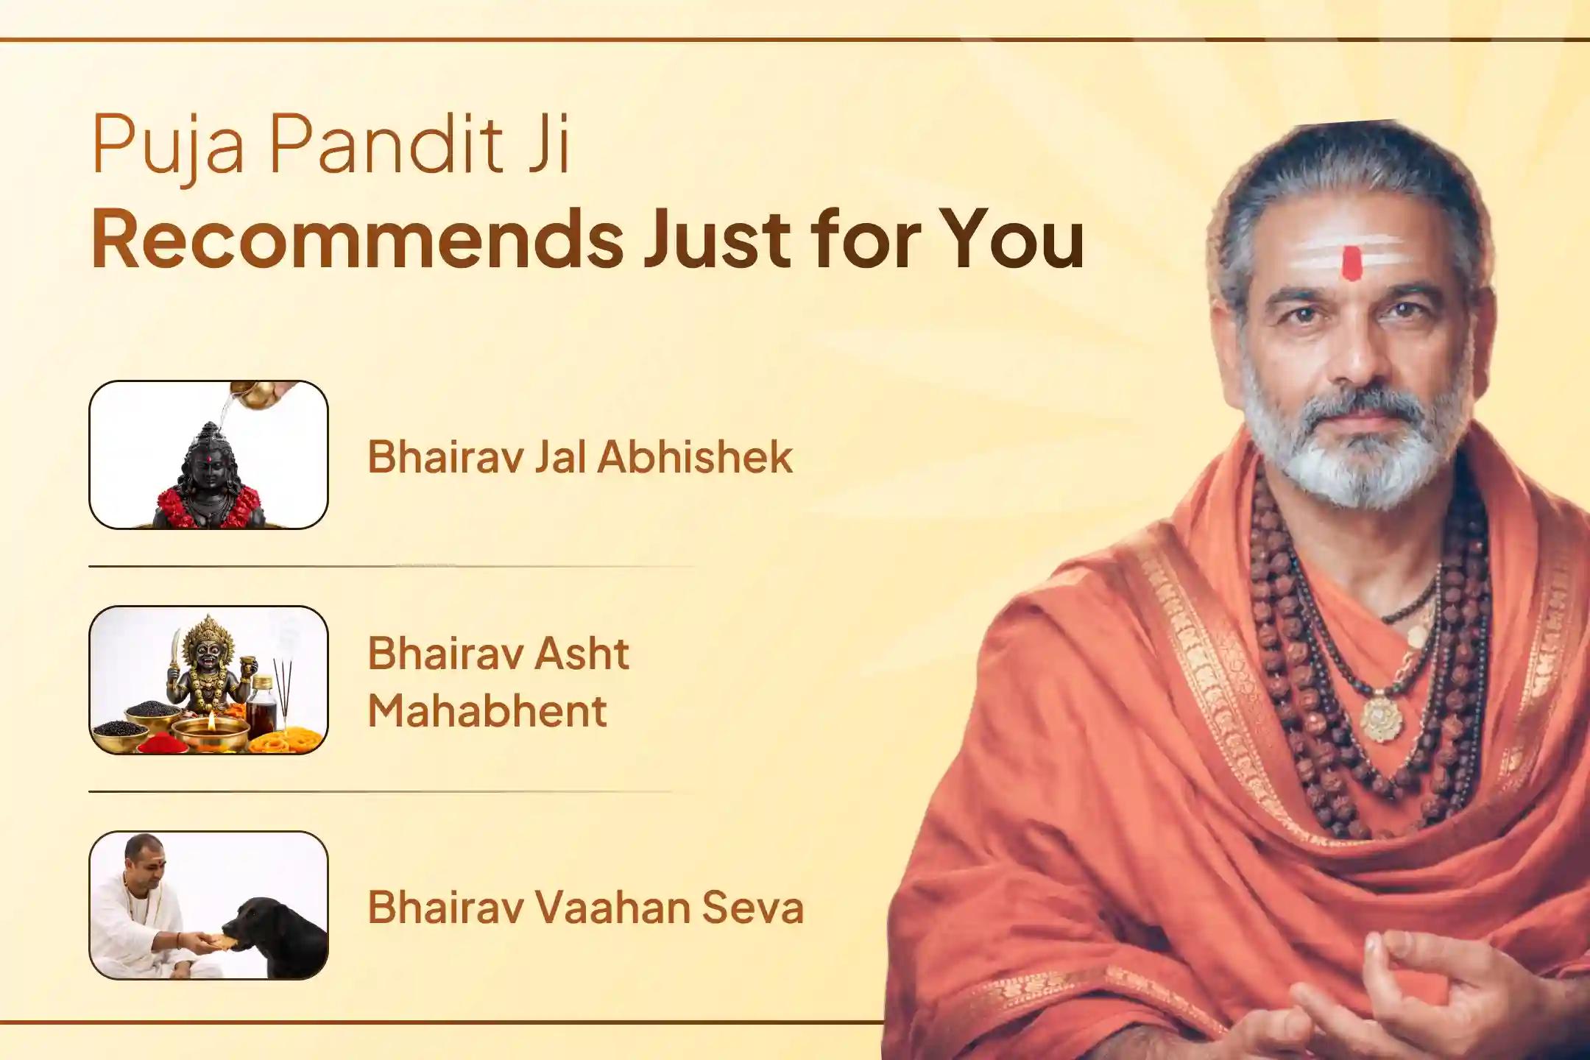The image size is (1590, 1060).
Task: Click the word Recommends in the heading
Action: coord(357,239)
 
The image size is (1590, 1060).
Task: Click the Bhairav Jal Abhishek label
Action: coord(580,456)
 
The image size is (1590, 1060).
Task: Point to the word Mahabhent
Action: coord(487,711)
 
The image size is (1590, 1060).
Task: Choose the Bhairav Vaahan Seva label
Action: coord(585,907)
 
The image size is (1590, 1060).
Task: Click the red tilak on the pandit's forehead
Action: coord(1351,264)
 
